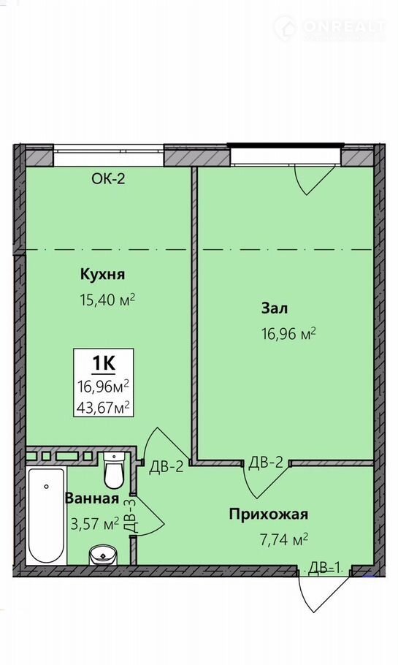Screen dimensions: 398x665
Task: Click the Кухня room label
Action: pyautogui.click(x=102, y=274)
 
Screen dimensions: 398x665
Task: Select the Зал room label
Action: pyautogui.click(x=275, y=308)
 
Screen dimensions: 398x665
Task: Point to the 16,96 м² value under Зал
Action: pyautogui.click(x=288, y=334)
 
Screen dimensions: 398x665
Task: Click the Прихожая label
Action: pyautogui.click(x=268, y=514)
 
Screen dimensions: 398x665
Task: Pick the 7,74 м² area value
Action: pyautogui.click(x=283, y=539)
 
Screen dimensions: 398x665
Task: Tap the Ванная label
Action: pyautogui.click(x=91, y=498)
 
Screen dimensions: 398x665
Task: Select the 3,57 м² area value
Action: pyautogui.click(x=94, y=524)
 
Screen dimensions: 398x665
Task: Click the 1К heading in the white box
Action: pyautogui.click(x=104, y=363)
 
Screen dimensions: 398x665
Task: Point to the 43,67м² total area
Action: pyautogui.click(x=103, y=408)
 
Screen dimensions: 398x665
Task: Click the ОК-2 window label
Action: pyautogui.click(x=108, y=178)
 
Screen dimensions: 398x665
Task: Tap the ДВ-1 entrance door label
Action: pyautogui.click(x=325, y=567)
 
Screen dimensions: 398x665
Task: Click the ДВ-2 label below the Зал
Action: pyautogui.click(x=265, y=463)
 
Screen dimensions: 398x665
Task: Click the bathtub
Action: pyautogui.click(x=46, y=516)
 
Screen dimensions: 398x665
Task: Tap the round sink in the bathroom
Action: pyautogui.click(x=102, y=555)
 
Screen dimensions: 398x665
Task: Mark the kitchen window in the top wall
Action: pyautogui.click(x=109, y=156)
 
